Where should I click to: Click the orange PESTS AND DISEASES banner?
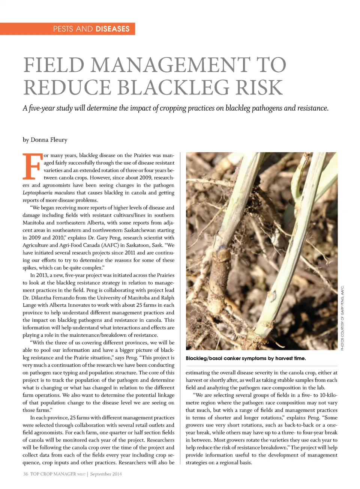coord(67,29)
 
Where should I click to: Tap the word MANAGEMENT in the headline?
coord(170,65)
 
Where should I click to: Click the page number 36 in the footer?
coord(25,474)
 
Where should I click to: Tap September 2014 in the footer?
coord(106,474)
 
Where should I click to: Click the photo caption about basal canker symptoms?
coord(246,358)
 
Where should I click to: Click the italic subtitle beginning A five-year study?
coord(175,108)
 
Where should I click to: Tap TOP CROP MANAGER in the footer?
coord(53,474)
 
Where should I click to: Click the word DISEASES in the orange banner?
coord(112,29)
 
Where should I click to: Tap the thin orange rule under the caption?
coord(261,366)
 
